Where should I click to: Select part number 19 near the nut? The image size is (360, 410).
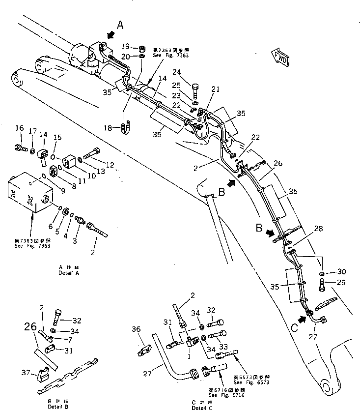(x=125, y=47)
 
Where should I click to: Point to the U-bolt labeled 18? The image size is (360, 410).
(x=125, y=128)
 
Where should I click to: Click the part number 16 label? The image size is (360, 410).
(x=19, y=128)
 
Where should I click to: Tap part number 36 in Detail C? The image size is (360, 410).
(x=136, y=330)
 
